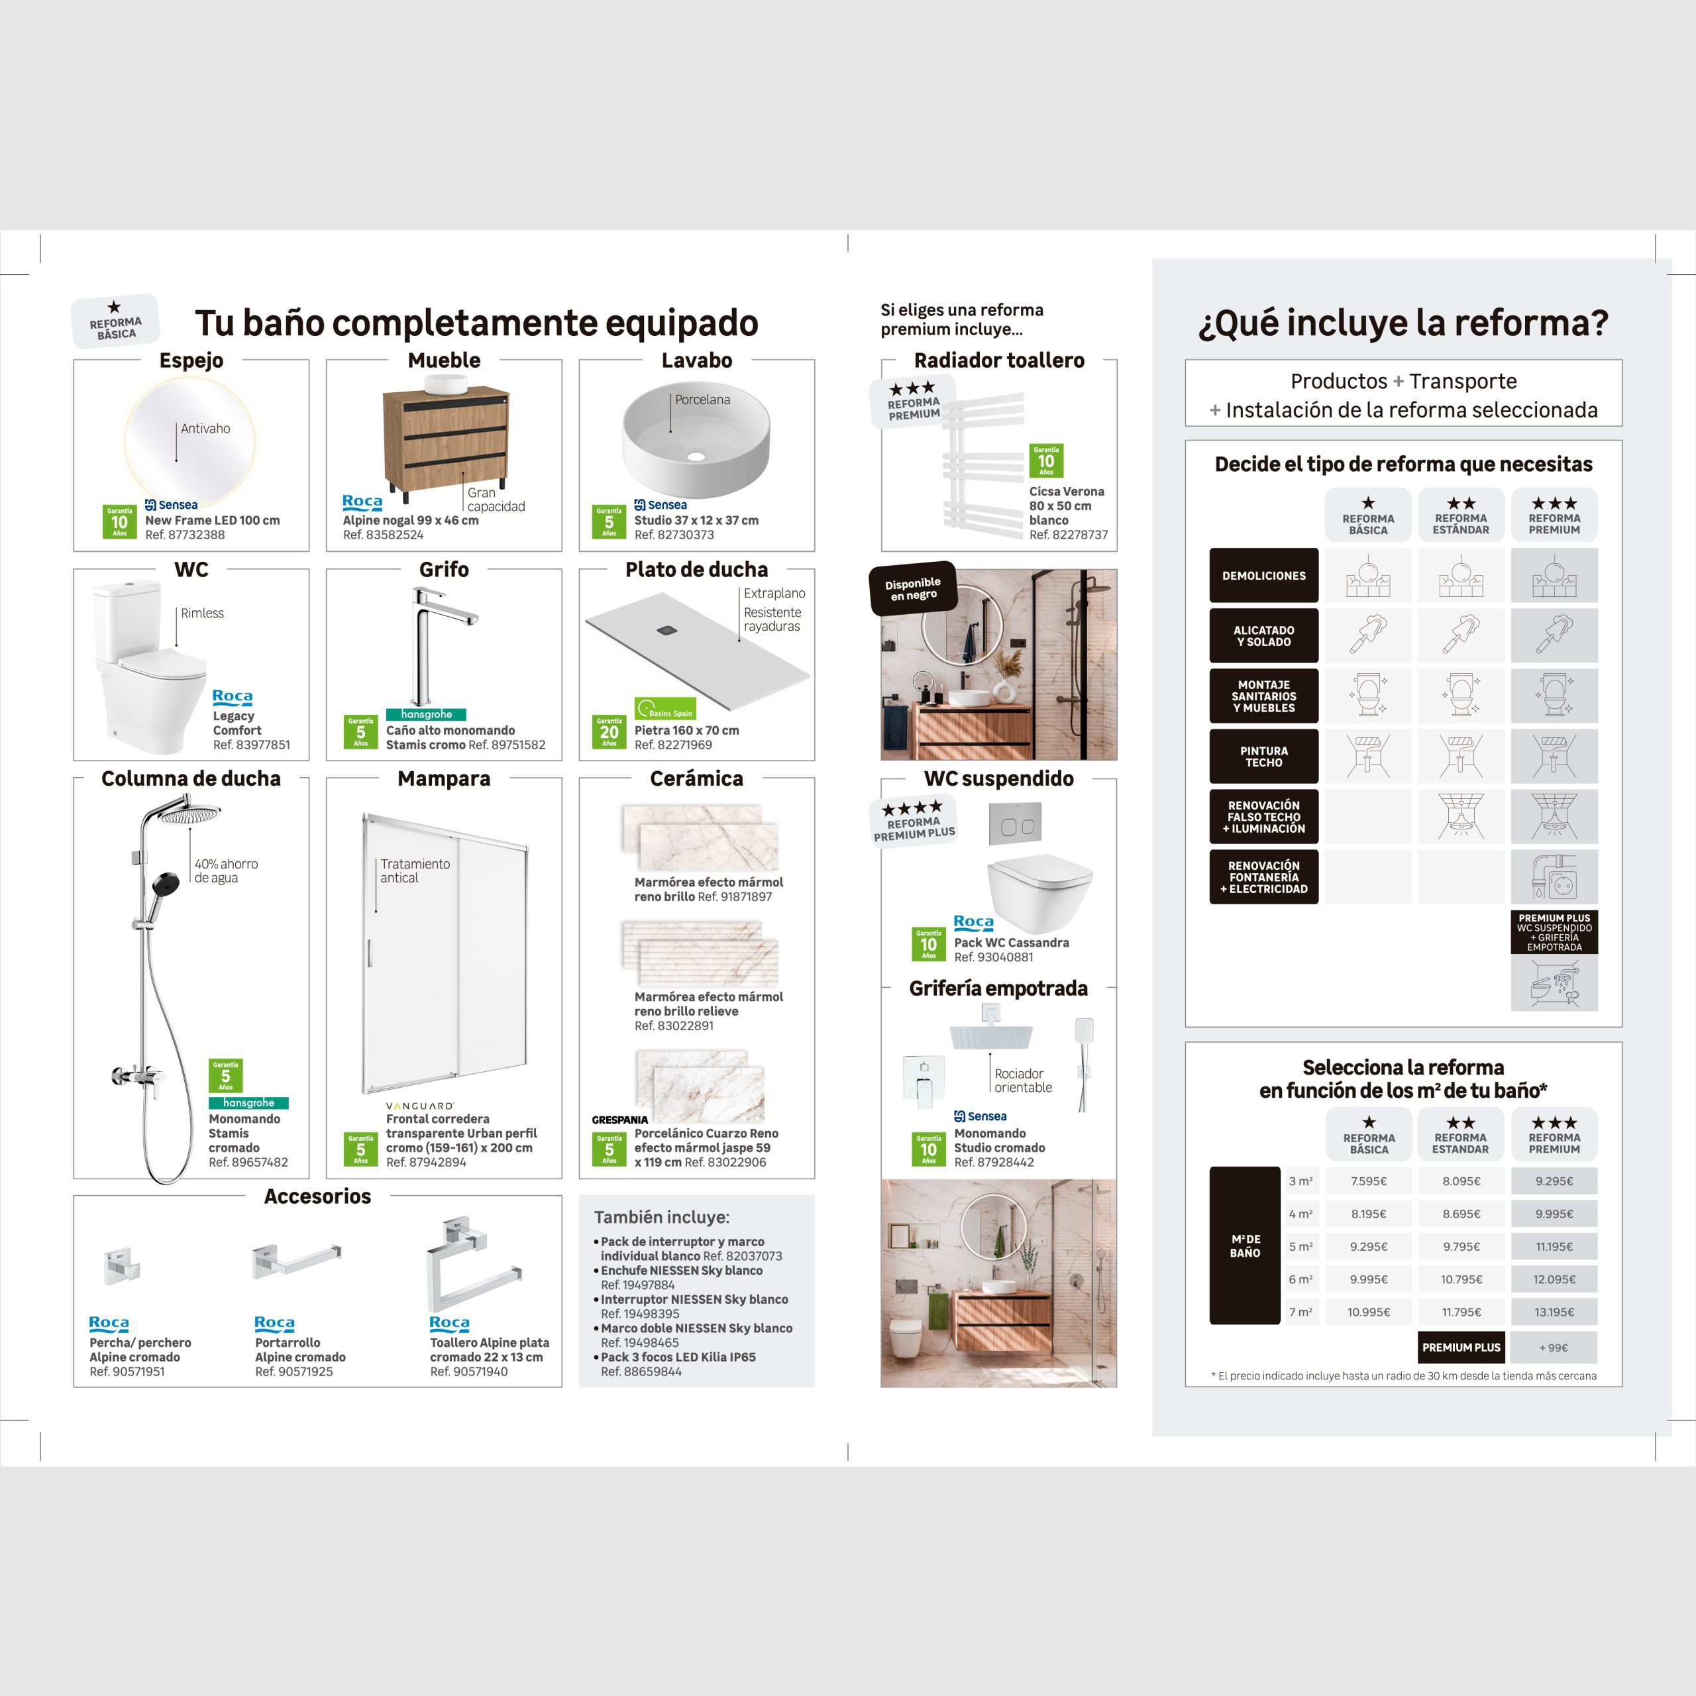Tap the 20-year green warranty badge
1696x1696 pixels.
coord(609,731)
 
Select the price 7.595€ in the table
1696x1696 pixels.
coord(1369,1181)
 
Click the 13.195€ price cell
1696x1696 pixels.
coord(1554,1312)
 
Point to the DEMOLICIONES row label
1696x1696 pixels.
coord(1263,576)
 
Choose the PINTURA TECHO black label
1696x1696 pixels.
coord(1263,757)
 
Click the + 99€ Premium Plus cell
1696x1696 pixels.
coord(1554,1348)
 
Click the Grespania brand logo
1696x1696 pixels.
coord(619,1120)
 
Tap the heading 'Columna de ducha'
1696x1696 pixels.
coord(191,778)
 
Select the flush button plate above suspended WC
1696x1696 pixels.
coord(1016,826)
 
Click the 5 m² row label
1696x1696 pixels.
coord(1300,1247)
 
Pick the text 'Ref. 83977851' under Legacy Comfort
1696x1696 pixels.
coord(251,745)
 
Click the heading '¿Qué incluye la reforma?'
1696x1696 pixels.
coord(1403,323)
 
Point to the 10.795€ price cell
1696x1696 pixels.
coord(1461,1279)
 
